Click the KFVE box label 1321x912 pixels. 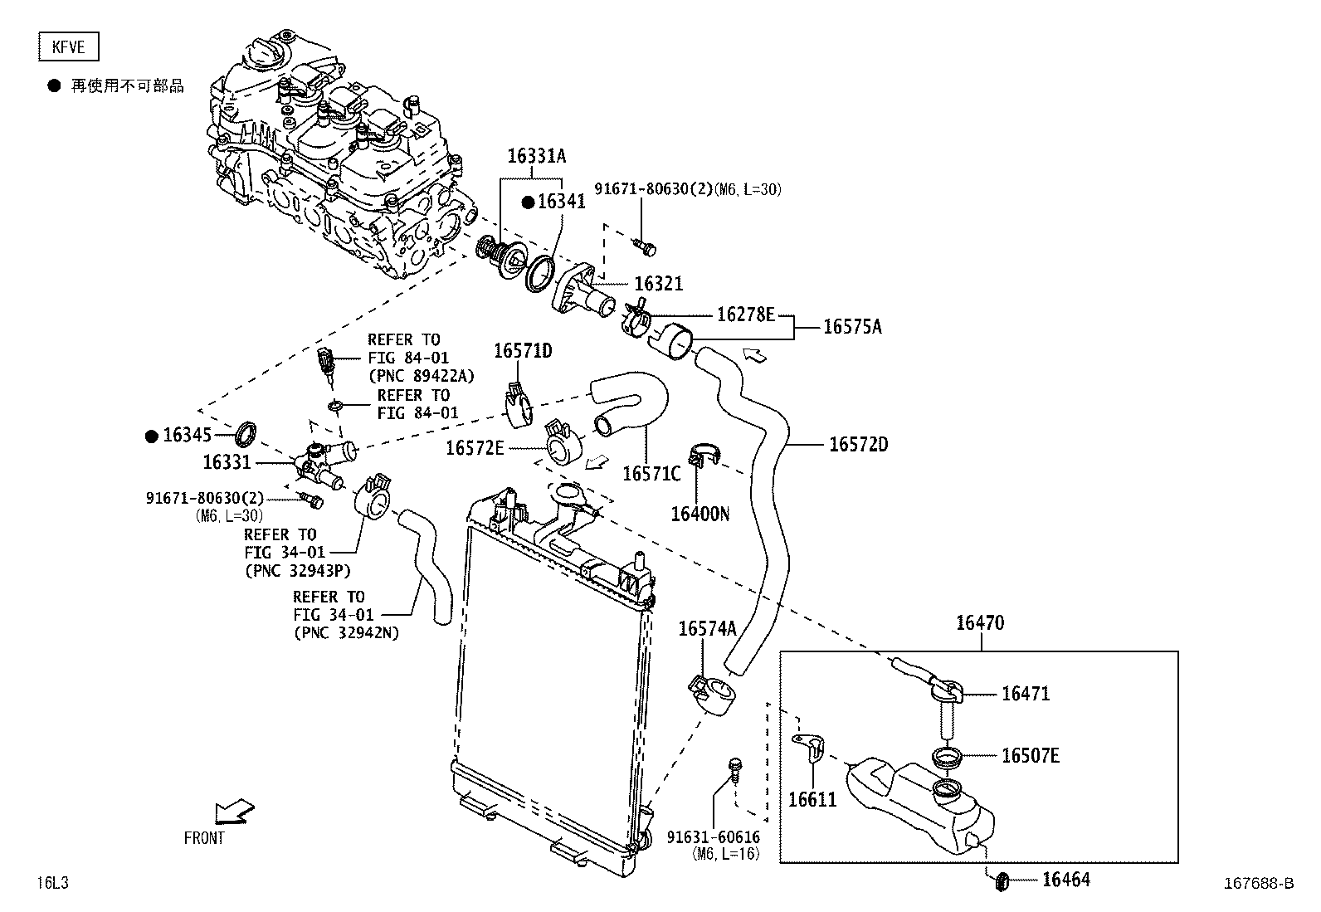(x=68, y=47)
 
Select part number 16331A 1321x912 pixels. (x=536, y=156)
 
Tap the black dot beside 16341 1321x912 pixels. (x=527, y=202)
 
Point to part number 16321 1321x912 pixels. (x=658, y=284)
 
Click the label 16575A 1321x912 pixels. (x=852, y=327)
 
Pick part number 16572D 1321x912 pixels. (x=858, y=445)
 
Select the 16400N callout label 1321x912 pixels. (x=699, y=515)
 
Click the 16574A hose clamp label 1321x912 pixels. (x=707, y=628)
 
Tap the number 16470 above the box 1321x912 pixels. (x=979, y=622)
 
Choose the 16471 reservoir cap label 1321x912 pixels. (x=1026, y=694)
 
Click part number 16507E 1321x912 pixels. (x=1030, y=755)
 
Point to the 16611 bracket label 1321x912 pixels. (x=812, y=800)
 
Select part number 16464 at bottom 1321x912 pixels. (x=1066, y=880)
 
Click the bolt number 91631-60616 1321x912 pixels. (x=713, y=838)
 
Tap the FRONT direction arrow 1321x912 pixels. (x=234, y=811)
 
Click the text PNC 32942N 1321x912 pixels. (x=346, y=633)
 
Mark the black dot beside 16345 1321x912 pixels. (x=151, y=436)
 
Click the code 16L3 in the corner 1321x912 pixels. (x=51, y=883)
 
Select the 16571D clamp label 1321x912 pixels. (x=523, y=351)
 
